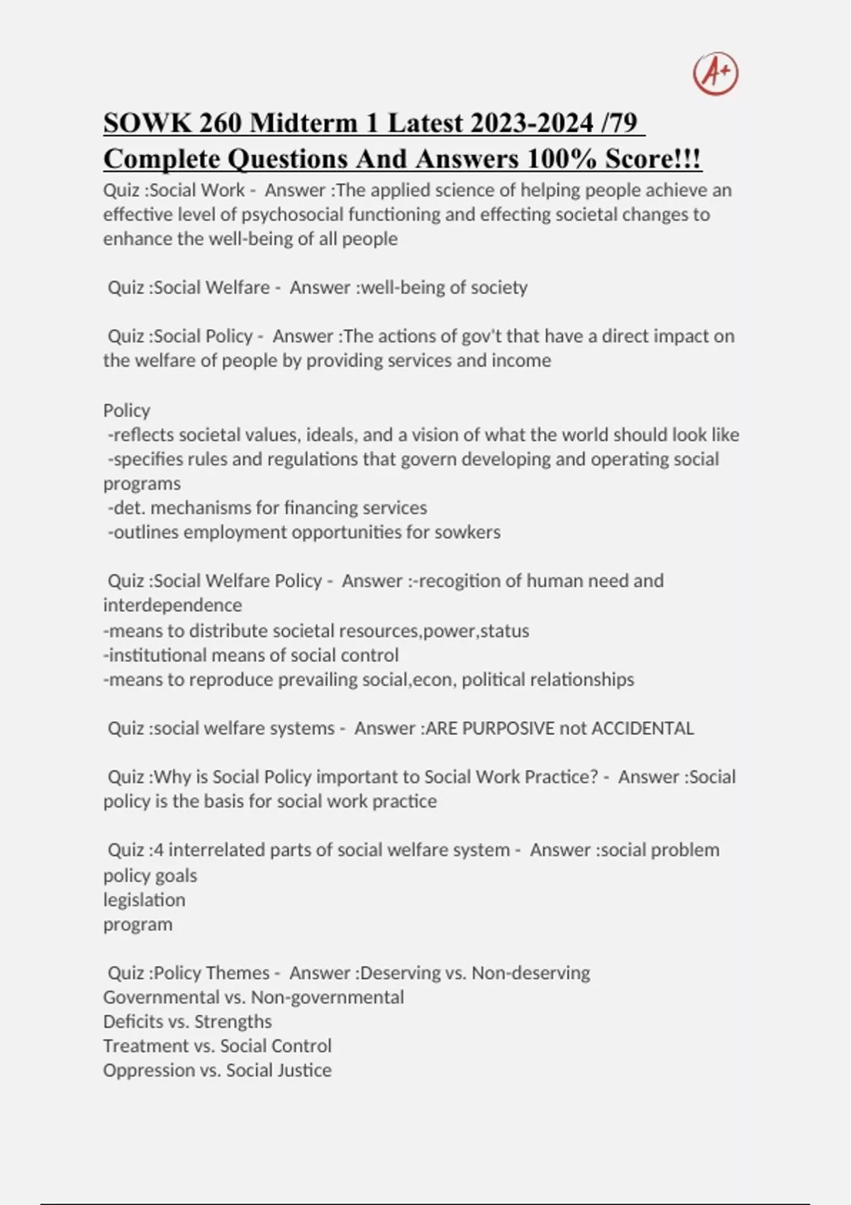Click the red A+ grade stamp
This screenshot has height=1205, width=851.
click(x=716, y=74)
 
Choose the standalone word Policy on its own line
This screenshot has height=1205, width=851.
click(x=126, y=410)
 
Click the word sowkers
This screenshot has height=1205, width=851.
click(x=467, y=532)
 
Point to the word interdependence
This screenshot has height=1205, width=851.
click(x=172, y=605)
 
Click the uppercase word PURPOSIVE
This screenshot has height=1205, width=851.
click(x=508, y=729)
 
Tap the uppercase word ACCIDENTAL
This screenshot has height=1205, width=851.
click(x=643, y=729)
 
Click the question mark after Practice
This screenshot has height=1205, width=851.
click(x=594, y=777)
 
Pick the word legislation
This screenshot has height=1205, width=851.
click(x=144, y=900)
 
